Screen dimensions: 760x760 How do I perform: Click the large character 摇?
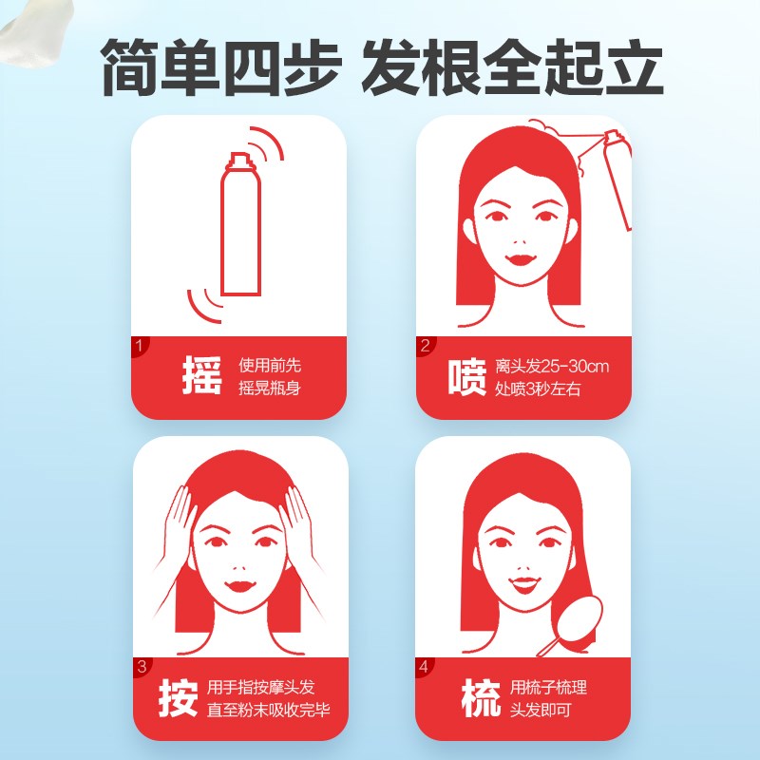pyautogui.click(x=200, y=376)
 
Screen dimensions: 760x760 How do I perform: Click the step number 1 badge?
pyautogui.click(x=140, y=346)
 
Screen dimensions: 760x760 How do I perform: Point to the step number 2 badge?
pyautogui.click(x=425, y=346)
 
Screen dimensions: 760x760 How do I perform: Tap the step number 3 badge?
pyautogui.click(x=141, y=667)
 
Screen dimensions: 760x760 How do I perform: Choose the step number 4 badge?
pyautogui.click(x=425, y=667)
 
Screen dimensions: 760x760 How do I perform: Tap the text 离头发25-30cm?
pyautogui.click(x=552, y=366)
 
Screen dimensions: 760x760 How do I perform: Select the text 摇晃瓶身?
pyautogui.click(x=270, y=388)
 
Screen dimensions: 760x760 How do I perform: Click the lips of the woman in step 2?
pyautogui.click(x=519, y=256)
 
